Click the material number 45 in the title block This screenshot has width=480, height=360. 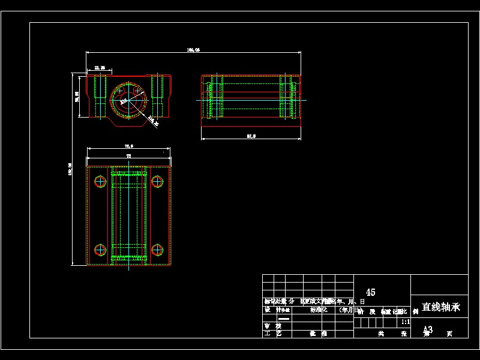tap(370, 292)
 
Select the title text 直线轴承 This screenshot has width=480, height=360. tap(440, 307)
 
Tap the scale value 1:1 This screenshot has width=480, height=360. tap(406, 322)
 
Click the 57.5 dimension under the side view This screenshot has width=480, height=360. tap(251, 137)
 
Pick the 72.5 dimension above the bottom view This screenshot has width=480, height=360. tap(128, 146)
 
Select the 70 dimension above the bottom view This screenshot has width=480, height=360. tap(128, 156)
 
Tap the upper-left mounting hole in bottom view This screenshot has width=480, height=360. tap(100, 181)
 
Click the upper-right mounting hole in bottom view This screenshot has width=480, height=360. tap(157, 181)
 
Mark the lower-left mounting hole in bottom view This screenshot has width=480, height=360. tap(100, 249)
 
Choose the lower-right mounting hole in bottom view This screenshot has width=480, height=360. tap(157, 249)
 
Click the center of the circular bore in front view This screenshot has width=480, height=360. tap(128, 99)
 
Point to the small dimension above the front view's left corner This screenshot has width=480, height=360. tap(100, 68)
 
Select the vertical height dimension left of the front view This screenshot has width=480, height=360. tap(77, 96)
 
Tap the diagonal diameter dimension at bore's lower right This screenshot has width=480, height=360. tap(153, 122)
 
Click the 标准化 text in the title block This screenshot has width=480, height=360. tap(319, 310)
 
